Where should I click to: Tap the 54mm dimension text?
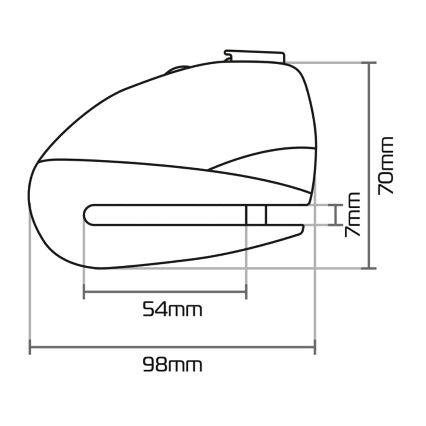[173, 309]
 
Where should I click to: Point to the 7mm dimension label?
[352, 215]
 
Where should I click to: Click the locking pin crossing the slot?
[256, 215]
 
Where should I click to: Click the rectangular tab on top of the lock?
[255, 56]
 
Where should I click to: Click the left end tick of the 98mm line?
[30, 347]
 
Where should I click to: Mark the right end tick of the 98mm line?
[315, 347]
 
